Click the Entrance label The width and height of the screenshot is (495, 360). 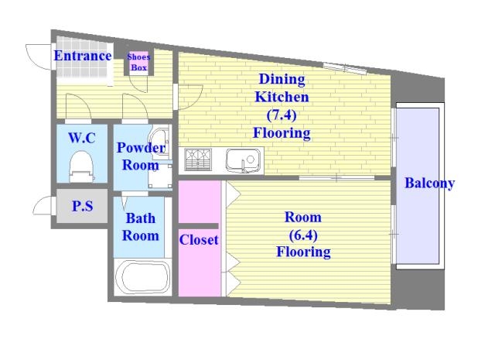[x=83, y=56]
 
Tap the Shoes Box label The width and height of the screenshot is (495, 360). [x=139, y=62]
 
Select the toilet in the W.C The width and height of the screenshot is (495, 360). [x=81, y=166]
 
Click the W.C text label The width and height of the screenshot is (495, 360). [x=82, y=138]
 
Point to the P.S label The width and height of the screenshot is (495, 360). [x=83, y=206]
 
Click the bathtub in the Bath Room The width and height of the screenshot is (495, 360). [x=143, y=277]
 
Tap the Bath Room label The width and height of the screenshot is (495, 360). [x=141, y=227]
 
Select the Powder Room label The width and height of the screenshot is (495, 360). [x=141, y=156]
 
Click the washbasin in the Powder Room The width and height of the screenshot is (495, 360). [x=160, y=142]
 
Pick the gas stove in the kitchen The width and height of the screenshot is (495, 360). [x=198, y=159]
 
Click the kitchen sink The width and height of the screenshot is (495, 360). [x=244, y=160]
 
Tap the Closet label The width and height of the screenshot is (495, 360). [x=199, y=240]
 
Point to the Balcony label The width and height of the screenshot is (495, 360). [x=430, y=183]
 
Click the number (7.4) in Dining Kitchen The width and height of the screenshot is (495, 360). [x=282, y=115]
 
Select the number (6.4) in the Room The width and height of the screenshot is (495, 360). [x=303, y=235]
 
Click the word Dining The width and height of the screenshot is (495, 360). [x=282, y=79]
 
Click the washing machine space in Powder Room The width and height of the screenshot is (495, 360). [x=160, y=176]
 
